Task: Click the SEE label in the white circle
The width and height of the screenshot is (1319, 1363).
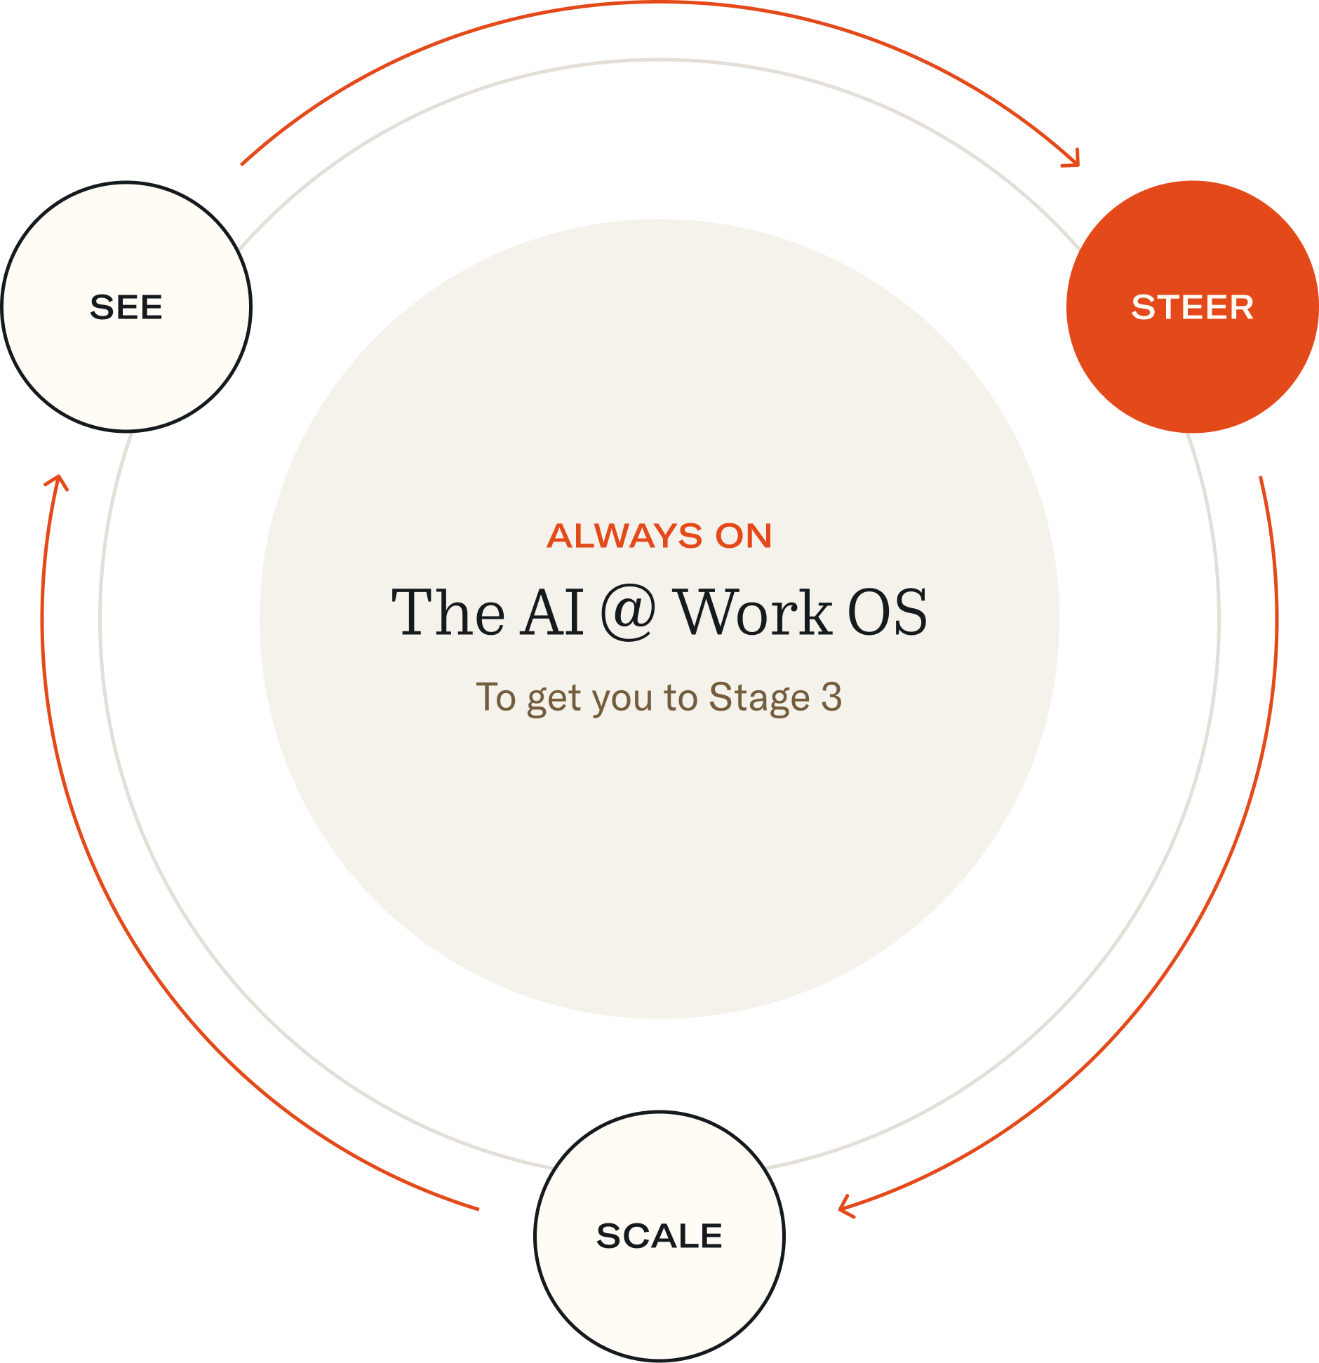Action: [126, 307]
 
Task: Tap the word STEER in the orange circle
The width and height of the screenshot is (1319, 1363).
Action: [1192, 307]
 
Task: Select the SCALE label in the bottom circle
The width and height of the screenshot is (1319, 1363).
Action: [659, 1235]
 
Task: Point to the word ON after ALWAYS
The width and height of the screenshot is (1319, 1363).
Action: [744, 536]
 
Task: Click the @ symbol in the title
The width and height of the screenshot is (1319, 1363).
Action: [628, 612]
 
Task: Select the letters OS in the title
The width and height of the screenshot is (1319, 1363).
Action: [888, 612]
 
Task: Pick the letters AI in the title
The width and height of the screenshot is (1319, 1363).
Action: [552, 612]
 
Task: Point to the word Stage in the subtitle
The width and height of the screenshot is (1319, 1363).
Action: [759, 698]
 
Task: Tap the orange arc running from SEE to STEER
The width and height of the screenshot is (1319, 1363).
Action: [659, 4]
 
